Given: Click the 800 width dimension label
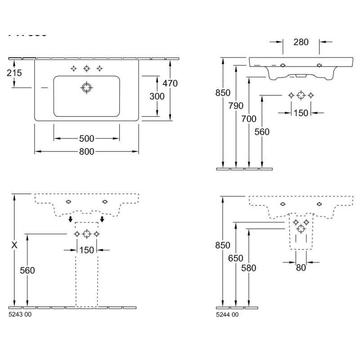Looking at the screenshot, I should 86,152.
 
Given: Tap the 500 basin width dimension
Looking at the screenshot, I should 86,138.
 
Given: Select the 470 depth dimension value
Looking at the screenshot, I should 170,83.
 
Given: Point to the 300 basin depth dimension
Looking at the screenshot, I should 157,96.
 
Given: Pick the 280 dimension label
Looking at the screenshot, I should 301,42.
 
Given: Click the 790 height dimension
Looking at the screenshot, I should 236,106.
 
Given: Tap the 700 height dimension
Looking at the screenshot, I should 249,119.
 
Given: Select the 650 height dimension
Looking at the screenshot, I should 236,258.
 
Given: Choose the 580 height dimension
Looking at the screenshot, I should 249,268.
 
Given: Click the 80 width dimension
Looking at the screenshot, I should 301,267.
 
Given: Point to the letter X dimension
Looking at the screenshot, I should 15,246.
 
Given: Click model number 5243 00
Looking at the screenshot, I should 20,315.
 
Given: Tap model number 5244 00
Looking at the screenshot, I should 227,315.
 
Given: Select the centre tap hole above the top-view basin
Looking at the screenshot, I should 86,68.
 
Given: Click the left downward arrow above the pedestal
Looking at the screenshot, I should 71,219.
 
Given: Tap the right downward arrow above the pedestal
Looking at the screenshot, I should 103,219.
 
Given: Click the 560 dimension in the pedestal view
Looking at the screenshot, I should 27,270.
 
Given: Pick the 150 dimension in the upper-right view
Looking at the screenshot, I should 301,112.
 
